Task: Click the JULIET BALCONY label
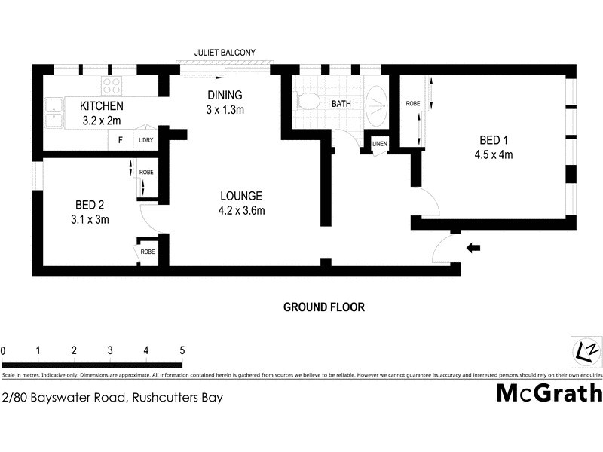click(225, 52)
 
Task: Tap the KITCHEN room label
click(101, 106)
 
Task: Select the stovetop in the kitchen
click(112, 85)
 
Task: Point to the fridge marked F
click(119, 140)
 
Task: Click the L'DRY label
click(144, 140)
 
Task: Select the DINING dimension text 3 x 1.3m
click(225, 110)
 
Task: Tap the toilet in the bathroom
click(306, 101)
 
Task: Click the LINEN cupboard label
click(378, 143)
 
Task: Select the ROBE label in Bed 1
click(412, 103)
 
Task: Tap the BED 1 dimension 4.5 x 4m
click(496, 156)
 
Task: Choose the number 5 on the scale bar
click(182, 350)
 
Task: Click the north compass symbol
click(586, 351)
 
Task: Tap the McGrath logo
click(549, 393)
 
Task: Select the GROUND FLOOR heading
click(323, 307)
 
